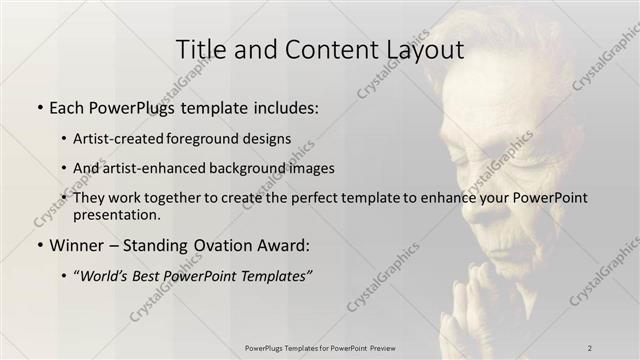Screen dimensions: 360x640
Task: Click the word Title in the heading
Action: point(199,49)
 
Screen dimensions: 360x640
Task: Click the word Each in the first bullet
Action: point(67,107)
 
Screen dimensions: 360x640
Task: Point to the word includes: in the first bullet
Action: point(282,107)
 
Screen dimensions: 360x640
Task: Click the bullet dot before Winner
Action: point(38,246)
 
